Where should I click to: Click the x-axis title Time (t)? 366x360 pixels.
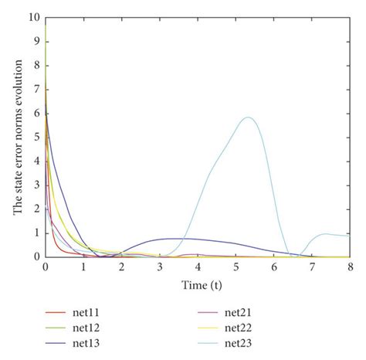[198, 284]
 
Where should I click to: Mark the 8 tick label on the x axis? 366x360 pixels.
[350, 267]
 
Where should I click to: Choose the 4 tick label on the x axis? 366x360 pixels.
[198, 267]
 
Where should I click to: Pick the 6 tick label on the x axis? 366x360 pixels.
[274, 267]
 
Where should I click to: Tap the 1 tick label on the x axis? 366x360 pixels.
[83, 267]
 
